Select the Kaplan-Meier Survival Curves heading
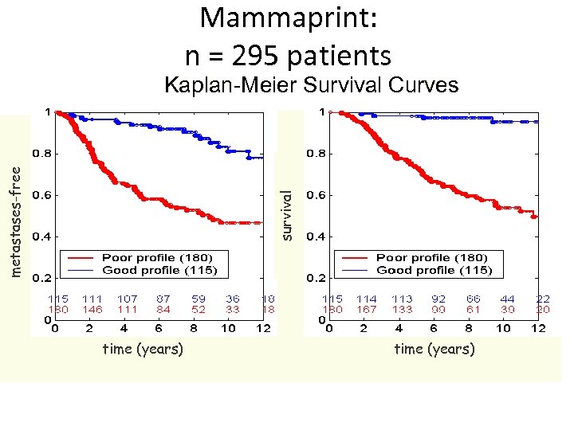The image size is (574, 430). (311, 85)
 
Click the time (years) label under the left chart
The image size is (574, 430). (143, 349)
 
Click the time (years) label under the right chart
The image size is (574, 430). (434, 349)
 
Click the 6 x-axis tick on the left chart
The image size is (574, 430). (159, 328)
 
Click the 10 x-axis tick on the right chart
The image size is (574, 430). (504, 328)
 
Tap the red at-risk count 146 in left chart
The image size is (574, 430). (92, 310)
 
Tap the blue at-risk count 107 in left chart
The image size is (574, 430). (128, 299)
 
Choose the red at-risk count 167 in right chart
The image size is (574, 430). (367, 310)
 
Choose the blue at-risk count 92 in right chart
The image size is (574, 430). (438, 299)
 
